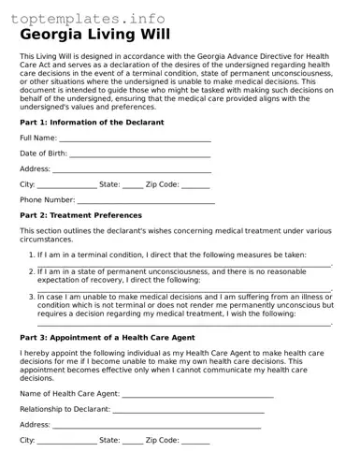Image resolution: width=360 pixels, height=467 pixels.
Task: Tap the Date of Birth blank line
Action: pyautogui.click(x=140, y=154)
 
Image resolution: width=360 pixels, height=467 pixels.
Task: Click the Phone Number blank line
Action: pyautogui.click(x=146, y=201)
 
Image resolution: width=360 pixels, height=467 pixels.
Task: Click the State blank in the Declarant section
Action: pyautogui.click(x=133, y=186)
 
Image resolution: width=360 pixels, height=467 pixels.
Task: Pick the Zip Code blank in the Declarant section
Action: pyautogui.click(x=195, y=186)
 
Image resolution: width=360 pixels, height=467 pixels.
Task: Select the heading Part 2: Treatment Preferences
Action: pyautogui.click(x=80, y=216)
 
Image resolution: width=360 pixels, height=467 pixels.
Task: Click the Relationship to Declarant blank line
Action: pyautogui.click(x=188, y=410)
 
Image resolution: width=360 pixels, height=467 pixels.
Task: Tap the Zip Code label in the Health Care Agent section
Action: pyautogui.click(x=162, y=440)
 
